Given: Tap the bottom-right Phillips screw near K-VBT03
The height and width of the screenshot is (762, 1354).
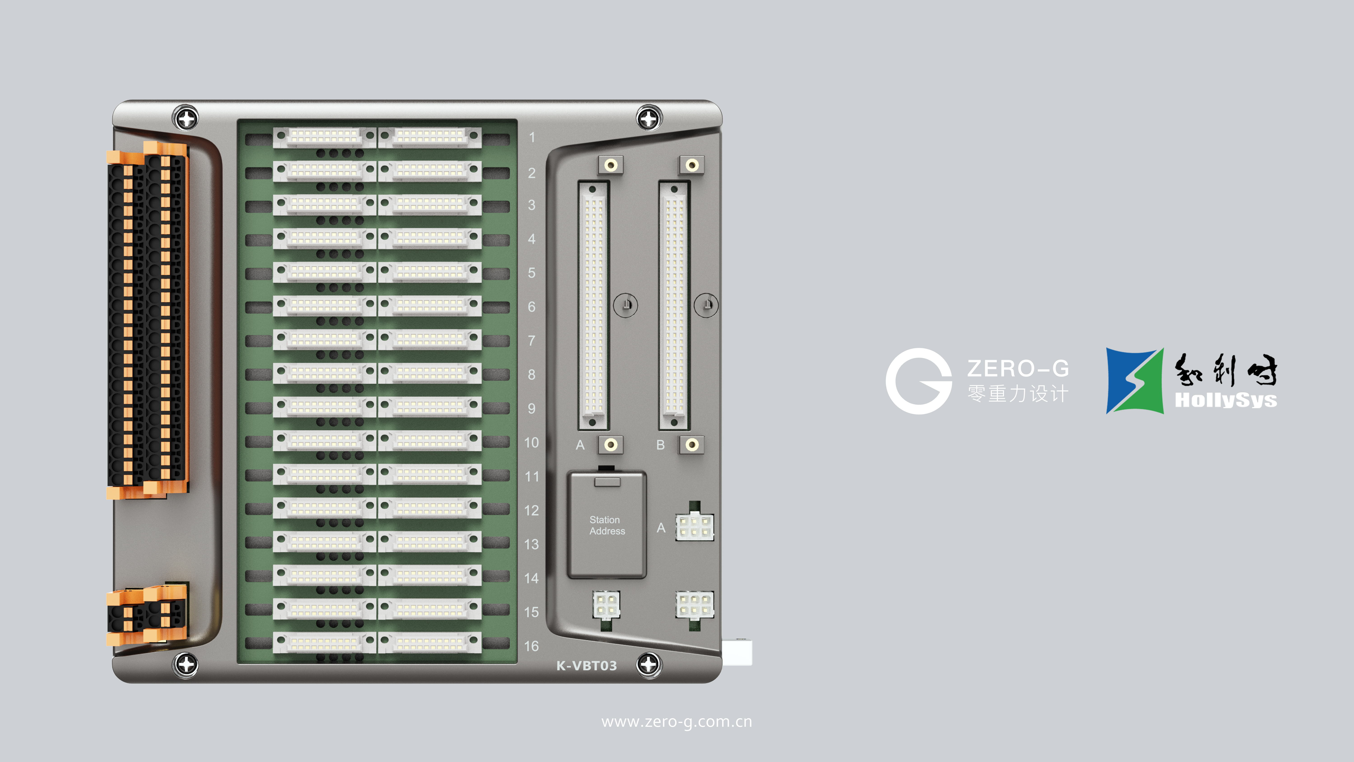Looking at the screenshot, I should click(x=649, y=664).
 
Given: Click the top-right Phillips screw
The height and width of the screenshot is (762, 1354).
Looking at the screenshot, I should click(x=649, y=119).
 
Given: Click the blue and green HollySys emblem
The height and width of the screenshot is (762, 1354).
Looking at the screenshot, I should click(x=1134, y=381).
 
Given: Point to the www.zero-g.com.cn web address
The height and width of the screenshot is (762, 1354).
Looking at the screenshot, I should click(x=677, y=722).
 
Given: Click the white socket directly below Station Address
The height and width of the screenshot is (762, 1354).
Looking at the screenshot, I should click(x=606, y=605).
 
